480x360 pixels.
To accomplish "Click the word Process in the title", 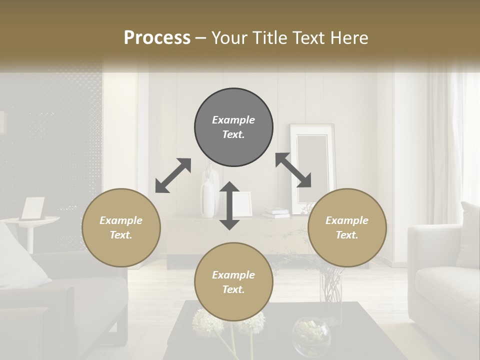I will (x=157, y=38).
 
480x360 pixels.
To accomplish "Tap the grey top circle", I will (x=233, y=127).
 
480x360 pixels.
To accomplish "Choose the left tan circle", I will (x=121, y=227).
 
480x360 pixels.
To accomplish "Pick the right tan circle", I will (x=347, y=227).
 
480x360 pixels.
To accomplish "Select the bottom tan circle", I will (x=233, y=282).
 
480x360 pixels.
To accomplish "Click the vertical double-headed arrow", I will (x=229, y=205).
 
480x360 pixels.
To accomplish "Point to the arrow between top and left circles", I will (x=173, y=175).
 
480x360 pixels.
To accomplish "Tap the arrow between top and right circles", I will (x=293, y=170).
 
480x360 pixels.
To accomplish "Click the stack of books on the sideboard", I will (x=276, y=212).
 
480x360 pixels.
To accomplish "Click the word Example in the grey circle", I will (x=233, y=120).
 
